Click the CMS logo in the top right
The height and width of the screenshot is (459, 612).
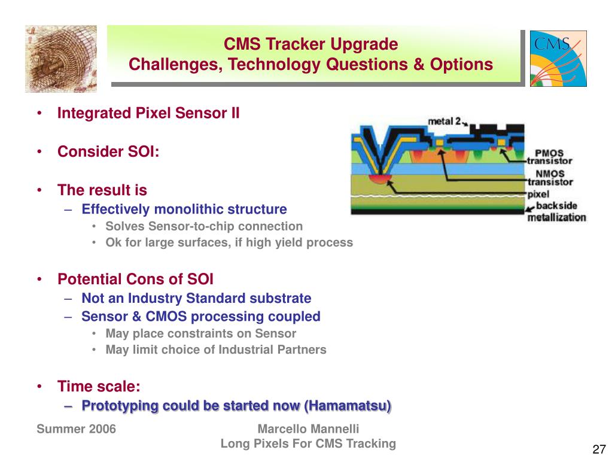click(558, 59)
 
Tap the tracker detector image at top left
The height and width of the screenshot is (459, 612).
click(61, 59)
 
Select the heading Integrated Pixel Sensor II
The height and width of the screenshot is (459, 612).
click(148, 113)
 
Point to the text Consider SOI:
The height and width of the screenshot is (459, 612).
click(108, 151)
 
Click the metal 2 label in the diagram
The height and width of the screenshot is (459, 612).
click(444, 121)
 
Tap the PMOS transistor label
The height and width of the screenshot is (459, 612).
click(550, 157)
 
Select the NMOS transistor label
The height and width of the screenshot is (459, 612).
click(550, 178)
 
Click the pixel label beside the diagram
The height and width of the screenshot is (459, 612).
click(538, 194)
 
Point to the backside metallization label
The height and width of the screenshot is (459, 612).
click(556, 211)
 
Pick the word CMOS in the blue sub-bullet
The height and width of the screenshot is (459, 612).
click(166, 316)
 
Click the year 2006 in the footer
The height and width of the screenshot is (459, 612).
click(103, 429)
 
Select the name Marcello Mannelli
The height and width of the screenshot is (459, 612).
click(308, 429)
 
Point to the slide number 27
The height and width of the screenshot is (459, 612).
click(599, 449)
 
